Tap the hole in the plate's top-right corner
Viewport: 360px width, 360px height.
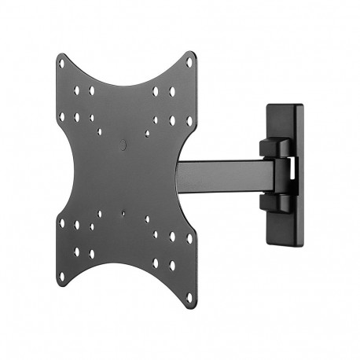coord(189,62)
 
